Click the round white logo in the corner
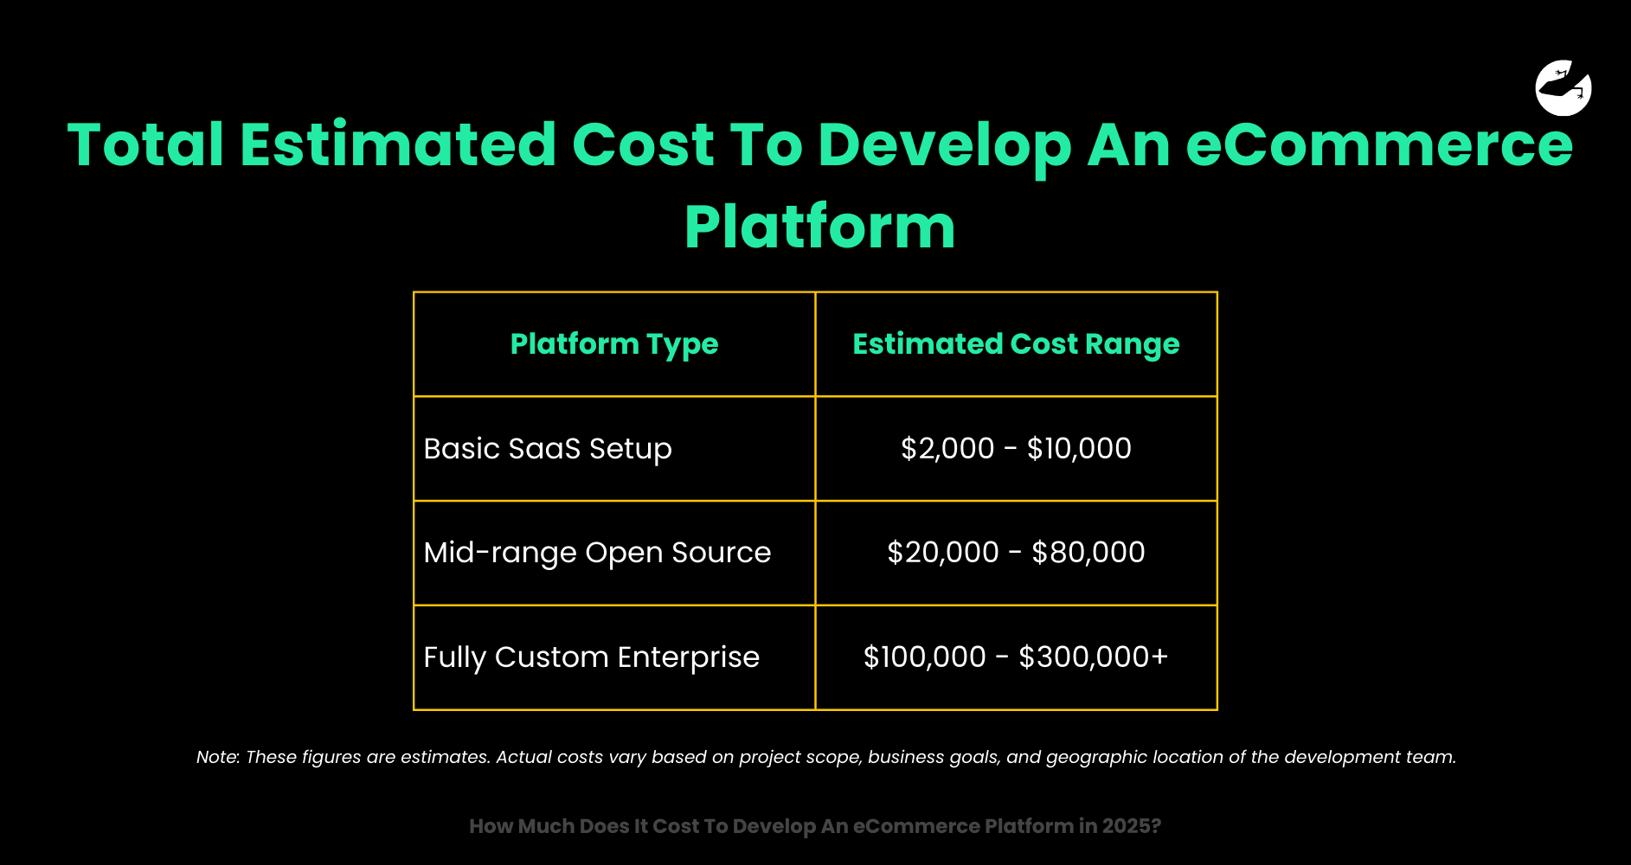coord(1564,87)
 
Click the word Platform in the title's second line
coord(819,227)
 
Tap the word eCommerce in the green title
coord(1379,144)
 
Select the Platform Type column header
coord(614,344)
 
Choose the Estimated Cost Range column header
coord(1016,344)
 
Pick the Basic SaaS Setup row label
coord(548,449)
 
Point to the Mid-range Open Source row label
coord(597,553)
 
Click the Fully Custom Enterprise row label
coord(591,657)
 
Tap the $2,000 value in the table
coord(947,449)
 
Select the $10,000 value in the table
coord(1079,449)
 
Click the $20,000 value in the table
coord(943,553)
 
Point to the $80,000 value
coord(1088,553)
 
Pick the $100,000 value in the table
coord(925,657)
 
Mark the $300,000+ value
coord(1094,657)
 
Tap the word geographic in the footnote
coord(1096,758)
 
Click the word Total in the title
coord(146,144)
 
